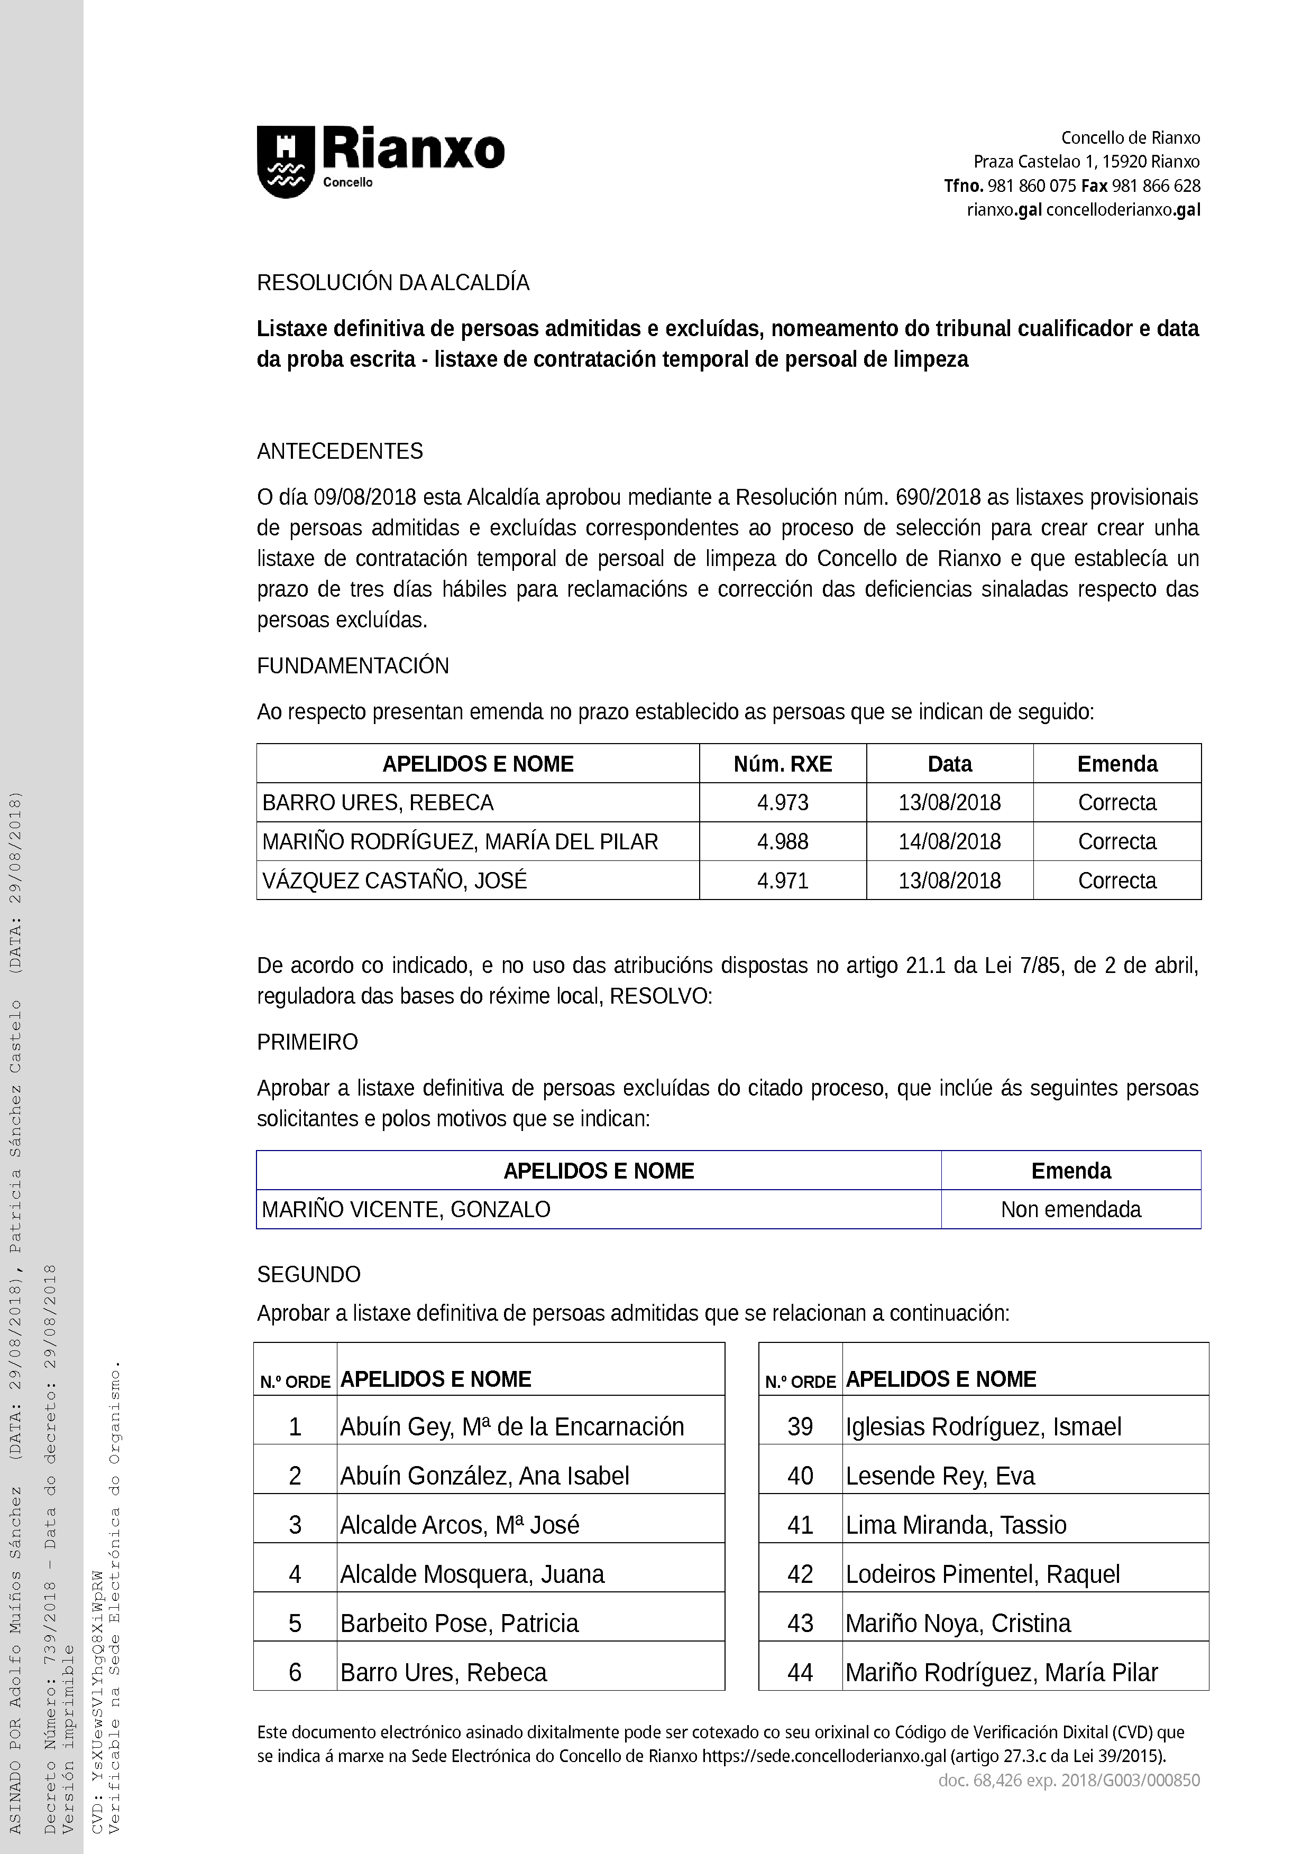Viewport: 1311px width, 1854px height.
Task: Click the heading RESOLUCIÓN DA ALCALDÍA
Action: point(392,283)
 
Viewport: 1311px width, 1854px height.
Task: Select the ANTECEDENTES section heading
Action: point(340,451)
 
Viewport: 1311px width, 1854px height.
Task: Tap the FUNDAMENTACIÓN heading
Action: point(352,665)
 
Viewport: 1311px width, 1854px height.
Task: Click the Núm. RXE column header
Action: point(782,764)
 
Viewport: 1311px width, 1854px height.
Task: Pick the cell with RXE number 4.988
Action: point(782,841)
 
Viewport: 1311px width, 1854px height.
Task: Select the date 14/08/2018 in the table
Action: point(949,841)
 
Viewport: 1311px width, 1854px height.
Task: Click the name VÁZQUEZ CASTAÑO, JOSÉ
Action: point(394,880)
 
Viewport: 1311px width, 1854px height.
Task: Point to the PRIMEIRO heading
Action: point(307,1042)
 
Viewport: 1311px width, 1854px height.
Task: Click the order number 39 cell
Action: point(800,1427)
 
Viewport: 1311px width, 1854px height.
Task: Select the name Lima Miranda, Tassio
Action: point(956,1525)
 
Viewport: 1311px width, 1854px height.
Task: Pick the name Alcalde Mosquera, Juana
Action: point(472,1574)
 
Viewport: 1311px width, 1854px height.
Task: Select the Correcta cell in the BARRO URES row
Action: point(1117,803)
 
